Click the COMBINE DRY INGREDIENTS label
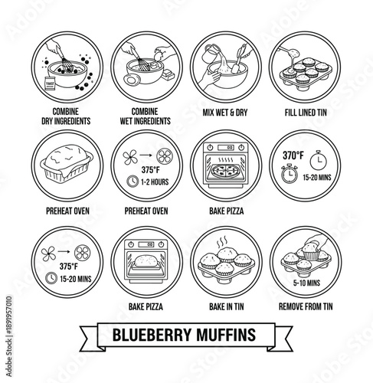coord(65,115)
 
